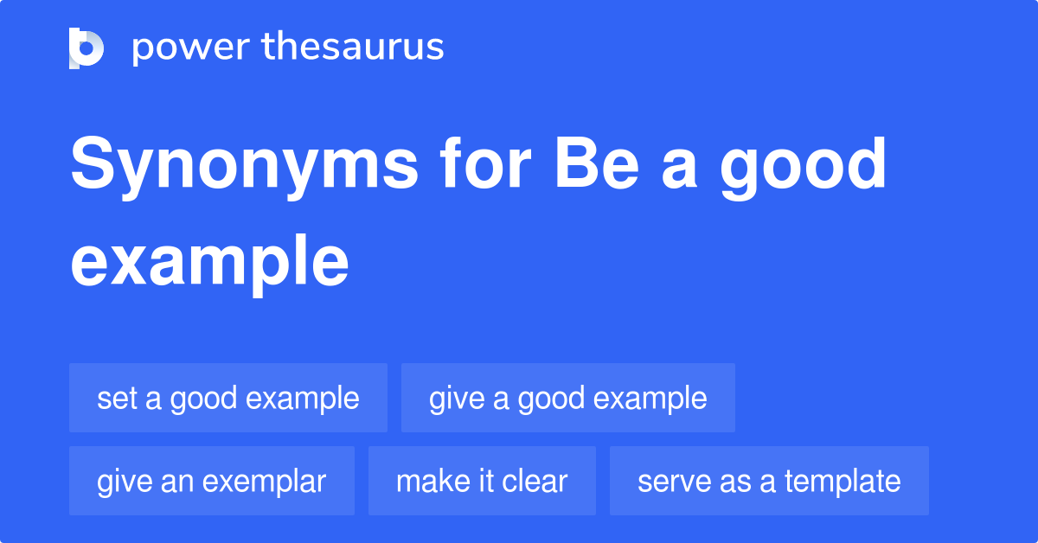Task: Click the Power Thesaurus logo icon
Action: (86, 48)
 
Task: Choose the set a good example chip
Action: (228, 398)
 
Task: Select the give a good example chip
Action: (568, 398)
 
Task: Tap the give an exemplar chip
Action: (212, 481)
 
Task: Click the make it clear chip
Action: (482, 481)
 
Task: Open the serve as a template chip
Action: (769, 481)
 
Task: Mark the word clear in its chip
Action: (536, 481)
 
